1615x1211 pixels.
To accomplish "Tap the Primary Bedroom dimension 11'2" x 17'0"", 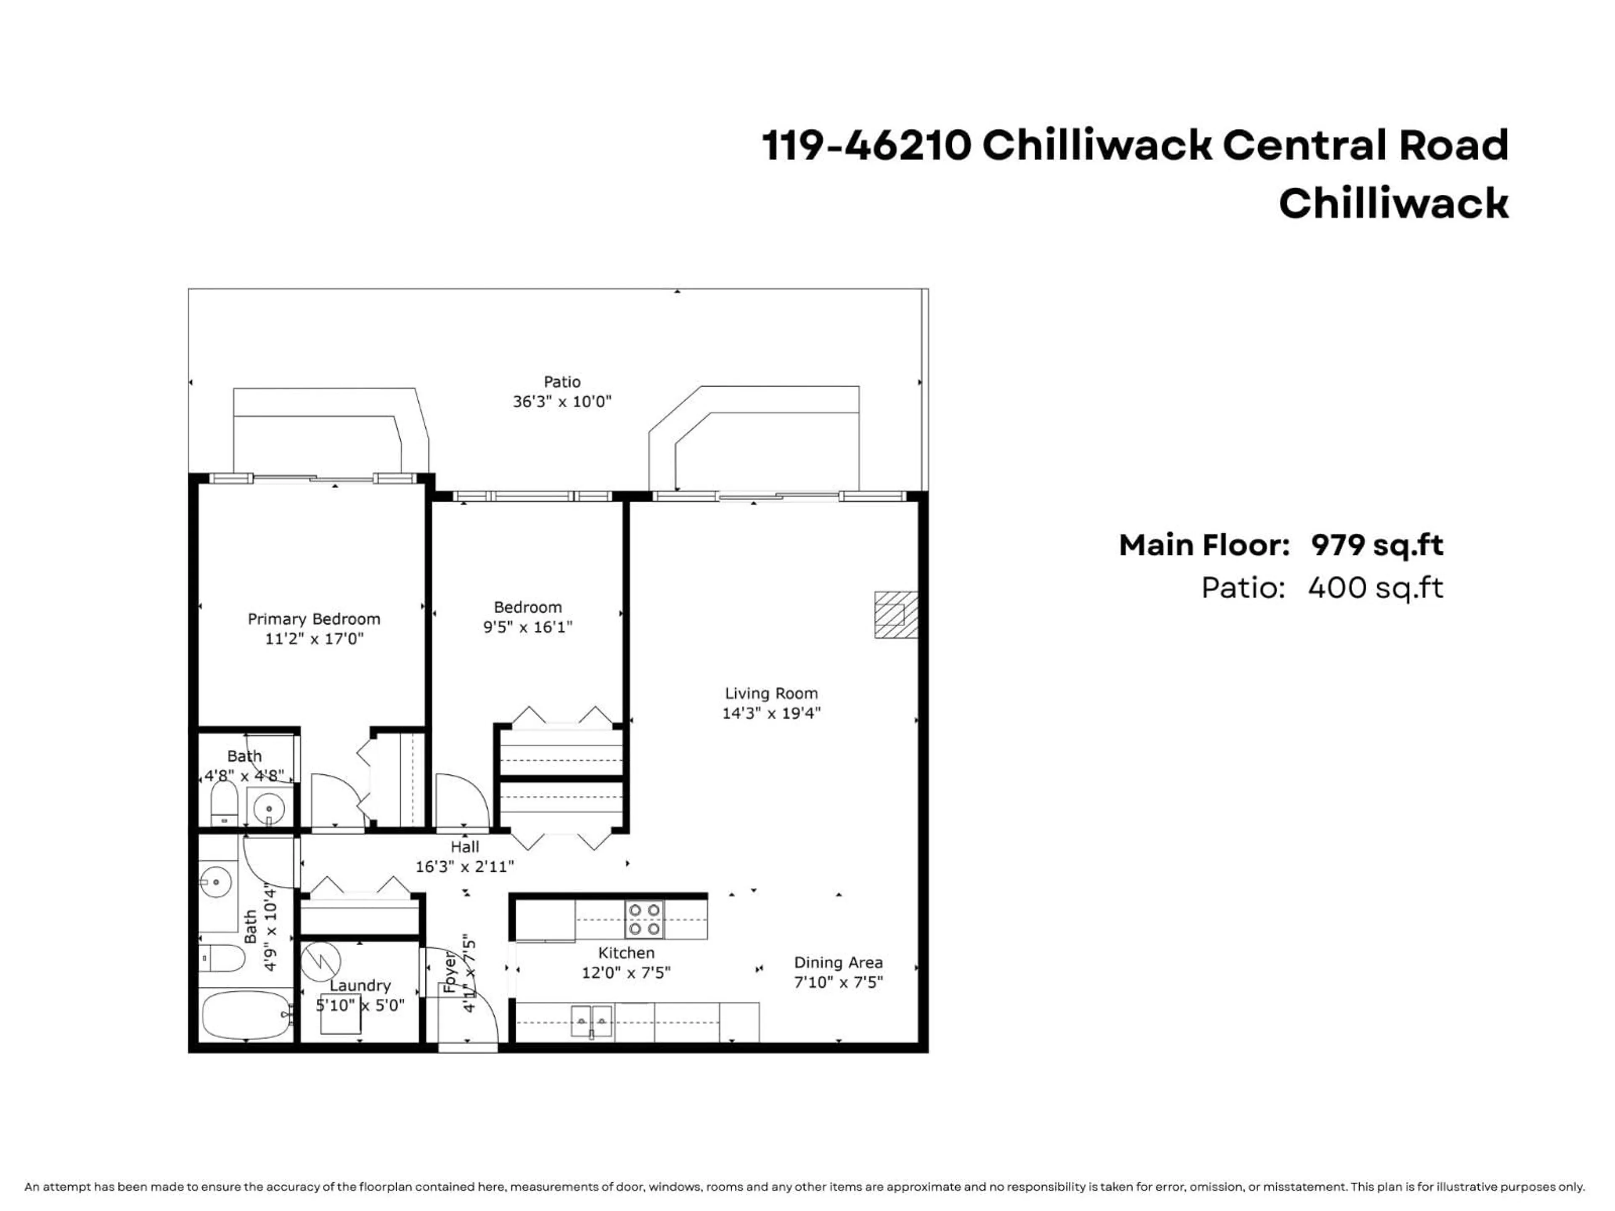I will click(x=314, y=639).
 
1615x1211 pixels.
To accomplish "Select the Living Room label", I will click(x=771, y=693).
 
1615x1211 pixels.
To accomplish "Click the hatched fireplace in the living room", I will click(x=896, y=615).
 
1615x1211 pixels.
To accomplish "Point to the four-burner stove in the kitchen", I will click(x=645, y=920).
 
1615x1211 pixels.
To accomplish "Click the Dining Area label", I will click(x=838, y=963).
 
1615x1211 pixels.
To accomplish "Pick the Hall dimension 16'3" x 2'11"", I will click(x=464, y=867).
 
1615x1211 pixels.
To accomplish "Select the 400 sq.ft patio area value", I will click(x=1375, y=587).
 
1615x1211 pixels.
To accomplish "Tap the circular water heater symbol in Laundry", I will click(x=321, y=962).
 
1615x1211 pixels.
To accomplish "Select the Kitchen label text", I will click(x=626, y=952).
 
